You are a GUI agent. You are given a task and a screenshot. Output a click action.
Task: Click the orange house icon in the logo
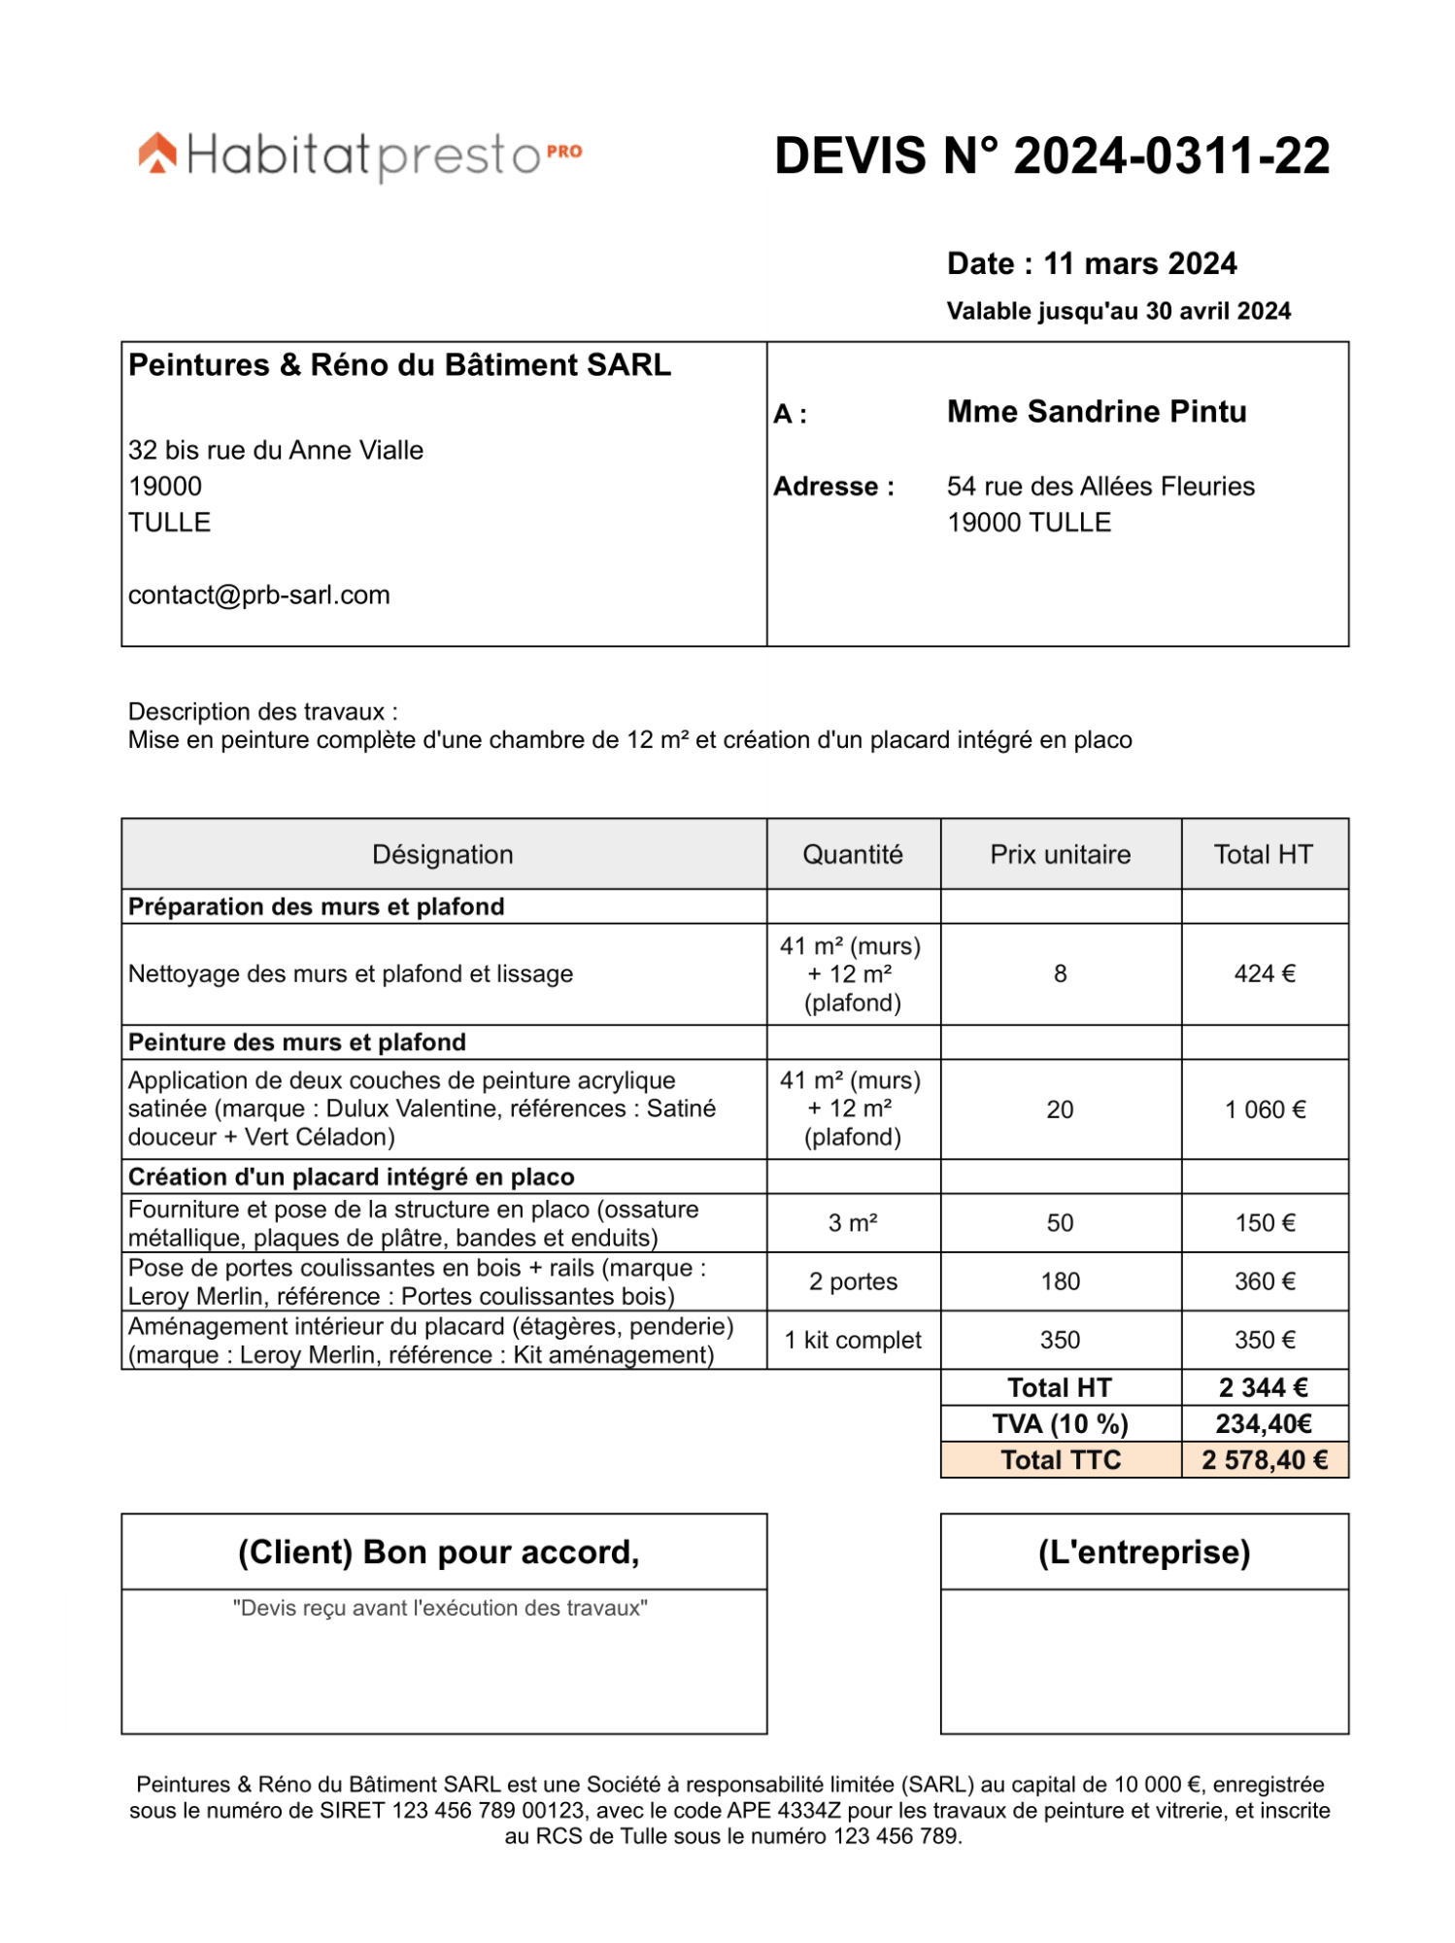tap(157, 153)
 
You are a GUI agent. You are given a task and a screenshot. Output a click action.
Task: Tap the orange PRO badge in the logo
tap(563, 152)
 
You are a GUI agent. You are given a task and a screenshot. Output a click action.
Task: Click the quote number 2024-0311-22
tap(1170, 156)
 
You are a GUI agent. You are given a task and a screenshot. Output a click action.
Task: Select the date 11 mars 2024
tap(1139, 263)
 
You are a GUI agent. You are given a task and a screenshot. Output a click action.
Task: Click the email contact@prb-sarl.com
tap(258, 595)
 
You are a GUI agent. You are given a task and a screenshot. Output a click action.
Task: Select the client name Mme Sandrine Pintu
tap(1096, 412)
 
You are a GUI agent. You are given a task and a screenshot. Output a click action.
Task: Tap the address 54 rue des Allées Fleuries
tap(1100, 486)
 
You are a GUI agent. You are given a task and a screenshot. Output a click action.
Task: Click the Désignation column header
tap(443, 854)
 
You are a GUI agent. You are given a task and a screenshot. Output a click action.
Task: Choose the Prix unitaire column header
tap(1060, 854)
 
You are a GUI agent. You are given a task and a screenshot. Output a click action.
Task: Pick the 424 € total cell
tap(1264, 973)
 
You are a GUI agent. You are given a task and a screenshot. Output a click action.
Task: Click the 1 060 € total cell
tap(1264, 1109)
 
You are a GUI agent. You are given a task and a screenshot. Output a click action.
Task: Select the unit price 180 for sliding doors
tap(1060, 1281)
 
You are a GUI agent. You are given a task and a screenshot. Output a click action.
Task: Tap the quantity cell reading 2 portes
tap(853, 1281)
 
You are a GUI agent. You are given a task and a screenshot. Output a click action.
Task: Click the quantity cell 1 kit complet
tap(853, 1340)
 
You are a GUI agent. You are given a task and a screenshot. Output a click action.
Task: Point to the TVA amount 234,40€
tap(1263, 1424)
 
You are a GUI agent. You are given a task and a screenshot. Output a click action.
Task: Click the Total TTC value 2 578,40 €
tap(1264, 1460)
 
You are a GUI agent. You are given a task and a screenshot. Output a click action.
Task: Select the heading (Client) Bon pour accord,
tap(439, 1552)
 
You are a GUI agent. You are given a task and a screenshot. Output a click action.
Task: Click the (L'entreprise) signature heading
tap(1143, 1552)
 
